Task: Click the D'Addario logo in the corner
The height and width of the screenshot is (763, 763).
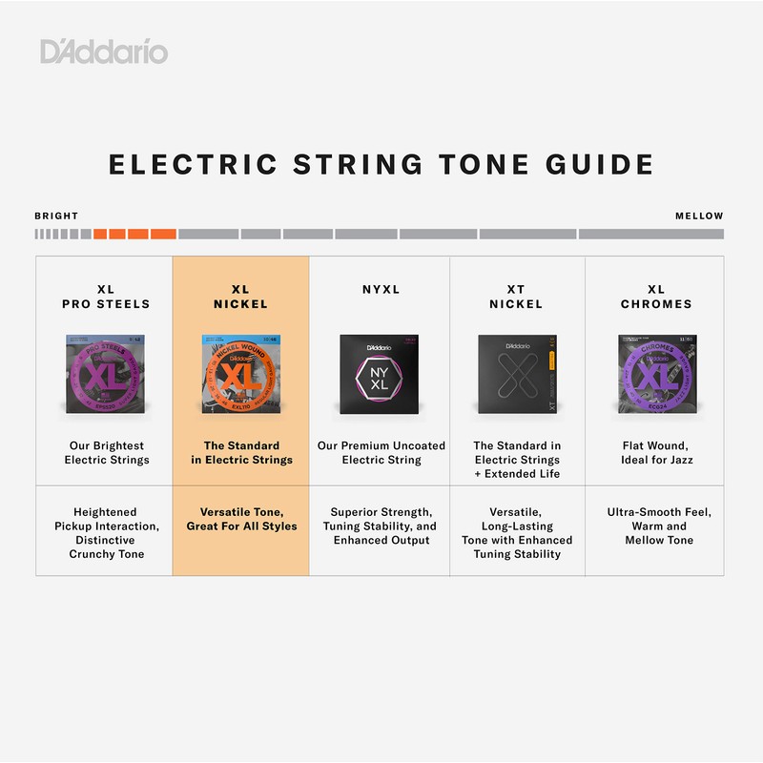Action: tap(104, 51)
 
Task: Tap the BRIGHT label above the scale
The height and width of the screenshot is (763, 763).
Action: tap(56, 217)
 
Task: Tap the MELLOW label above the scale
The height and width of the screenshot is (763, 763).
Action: tap(699, 217)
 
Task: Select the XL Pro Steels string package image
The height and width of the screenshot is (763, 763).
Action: tap(104, 372)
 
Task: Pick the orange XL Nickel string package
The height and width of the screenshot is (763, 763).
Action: tap(240, 372)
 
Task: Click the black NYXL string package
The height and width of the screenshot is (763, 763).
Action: tap(381, 373)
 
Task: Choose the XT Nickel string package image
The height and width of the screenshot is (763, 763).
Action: tap(516, 373)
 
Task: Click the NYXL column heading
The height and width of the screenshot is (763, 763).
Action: tap(381, 289)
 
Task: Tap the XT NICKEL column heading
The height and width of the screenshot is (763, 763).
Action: tap(516, 297)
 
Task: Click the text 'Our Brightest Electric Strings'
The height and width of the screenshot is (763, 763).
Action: tap(104, 452)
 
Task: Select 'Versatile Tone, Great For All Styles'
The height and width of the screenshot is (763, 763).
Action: tap(240, 519)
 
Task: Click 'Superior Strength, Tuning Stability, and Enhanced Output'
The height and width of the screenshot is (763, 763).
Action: tap(381, 526)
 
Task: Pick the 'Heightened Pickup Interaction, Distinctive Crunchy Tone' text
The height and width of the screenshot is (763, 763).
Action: tap(104, 533)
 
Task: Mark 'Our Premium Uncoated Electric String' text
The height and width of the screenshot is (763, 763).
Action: tap(381, 452)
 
